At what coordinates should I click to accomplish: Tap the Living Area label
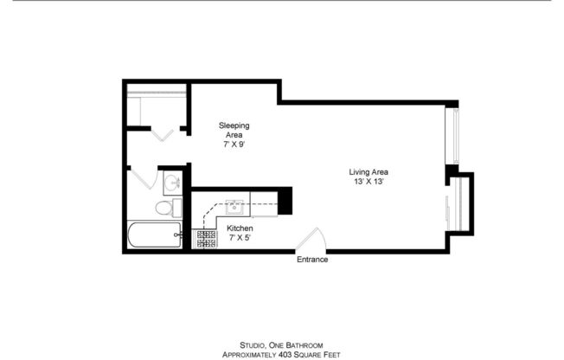pos(369,171)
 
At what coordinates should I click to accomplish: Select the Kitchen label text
pos(240,228)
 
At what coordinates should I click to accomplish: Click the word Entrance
pos(312,260)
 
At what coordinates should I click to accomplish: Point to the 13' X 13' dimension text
pos(369,183)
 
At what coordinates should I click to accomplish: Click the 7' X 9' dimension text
pos(234,145)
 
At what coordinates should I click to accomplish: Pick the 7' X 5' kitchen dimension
pos(240,238)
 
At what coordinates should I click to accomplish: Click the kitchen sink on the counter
pos(233,207)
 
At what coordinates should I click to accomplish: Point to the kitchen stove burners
pos(207,238)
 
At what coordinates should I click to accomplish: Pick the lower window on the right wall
pos(448,209)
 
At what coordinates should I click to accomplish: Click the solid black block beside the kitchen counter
pos(285,201)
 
